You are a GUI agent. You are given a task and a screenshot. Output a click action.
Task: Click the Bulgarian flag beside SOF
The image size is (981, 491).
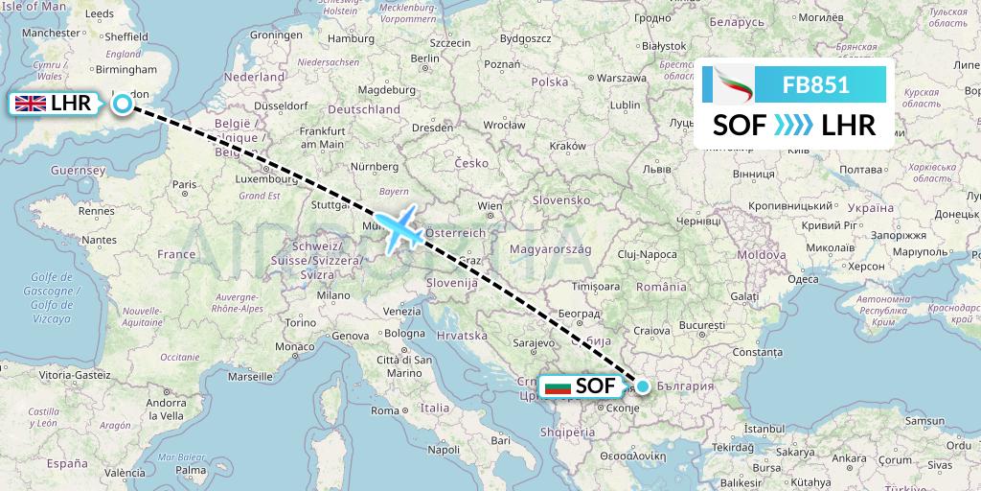(557, 386)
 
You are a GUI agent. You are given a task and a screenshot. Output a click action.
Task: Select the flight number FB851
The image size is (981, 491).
(815, 84)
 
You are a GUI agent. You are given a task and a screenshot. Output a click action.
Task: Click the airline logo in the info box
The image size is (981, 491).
(733, 84)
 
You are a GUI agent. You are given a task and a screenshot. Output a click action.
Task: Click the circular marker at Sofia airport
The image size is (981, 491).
(643, 386)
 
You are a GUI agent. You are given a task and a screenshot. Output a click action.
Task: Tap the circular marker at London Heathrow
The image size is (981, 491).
(123, 104)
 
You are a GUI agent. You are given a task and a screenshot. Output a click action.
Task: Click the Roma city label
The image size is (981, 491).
(385, 410)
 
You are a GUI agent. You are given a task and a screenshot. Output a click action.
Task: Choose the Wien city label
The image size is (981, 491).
(490, 205)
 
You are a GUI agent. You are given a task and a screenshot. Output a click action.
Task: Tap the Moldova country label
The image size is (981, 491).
(762, 255)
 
